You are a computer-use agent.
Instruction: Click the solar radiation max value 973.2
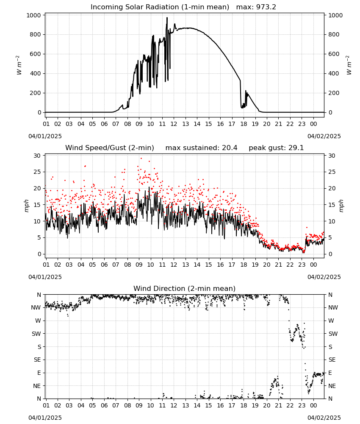click(x=266, y=7)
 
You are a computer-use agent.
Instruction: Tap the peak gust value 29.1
click(x=294, y=148)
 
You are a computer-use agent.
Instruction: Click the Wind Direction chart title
click(x=185, y=288)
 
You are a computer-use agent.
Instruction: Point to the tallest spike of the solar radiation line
click(x=167, y=17)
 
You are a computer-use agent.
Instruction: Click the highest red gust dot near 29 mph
click(x=141, y=159)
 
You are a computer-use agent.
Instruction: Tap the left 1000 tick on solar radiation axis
click(x=34, y=15)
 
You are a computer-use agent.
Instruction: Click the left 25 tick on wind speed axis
click(x=37, y=172)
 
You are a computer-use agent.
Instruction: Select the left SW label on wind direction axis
click(x=36, y=334)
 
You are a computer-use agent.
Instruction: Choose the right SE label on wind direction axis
click(x=332, y=360)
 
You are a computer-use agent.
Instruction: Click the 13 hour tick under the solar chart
click(x=186, y=124)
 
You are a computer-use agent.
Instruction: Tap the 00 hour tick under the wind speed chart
click(x=313, y=265)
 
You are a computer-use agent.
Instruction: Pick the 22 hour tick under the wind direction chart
click(x=290, y=406)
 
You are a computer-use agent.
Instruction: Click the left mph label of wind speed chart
click(x=26, y=206)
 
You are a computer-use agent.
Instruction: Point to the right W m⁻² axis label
click(x=349, y=65)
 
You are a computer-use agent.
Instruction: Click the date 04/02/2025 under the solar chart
click(x=324, y=136)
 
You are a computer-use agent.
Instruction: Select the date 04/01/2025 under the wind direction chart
click(x=45, y=418)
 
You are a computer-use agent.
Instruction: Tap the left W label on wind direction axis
click(x=38, y=321)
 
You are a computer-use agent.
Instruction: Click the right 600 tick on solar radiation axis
click(x=334, y=54)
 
